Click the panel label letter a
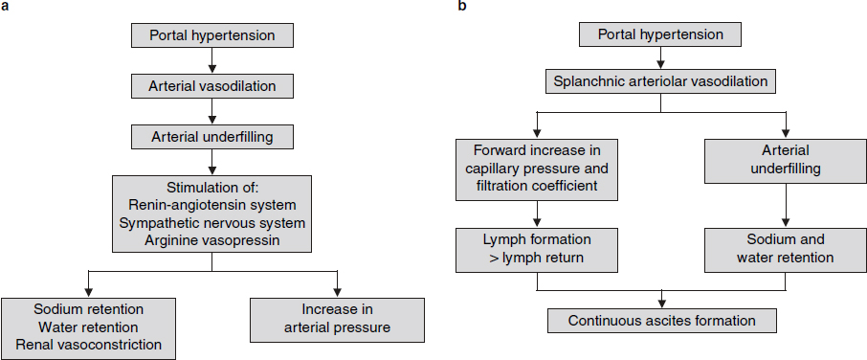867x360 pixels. click(x=6, y=7)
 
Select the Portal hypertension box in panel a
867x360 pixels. click(x=211, y=36)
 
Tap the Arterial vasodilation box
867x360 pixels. click(x=211, y=86)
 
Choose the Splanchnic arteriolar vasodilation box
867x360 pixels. click(x=661, y=82)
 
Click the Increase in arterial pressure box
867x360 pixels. click(x=337, y=319)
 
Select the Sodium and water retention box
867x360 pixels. click(x=786, y=248)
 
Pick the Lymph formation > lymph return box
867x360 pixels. click(x=537, y=248)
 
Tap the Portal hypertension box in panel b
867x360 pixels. click(x=661, y=36)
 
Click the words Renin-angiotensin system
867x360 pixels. click(x=211, y=205)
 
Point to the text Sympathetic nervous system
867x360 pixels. click(x=211, y=221)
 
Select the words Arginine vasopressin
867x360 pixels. click(x=211, y=237)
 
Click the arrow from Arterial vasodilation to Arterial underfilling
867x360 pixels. click(x=211, y=111)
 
